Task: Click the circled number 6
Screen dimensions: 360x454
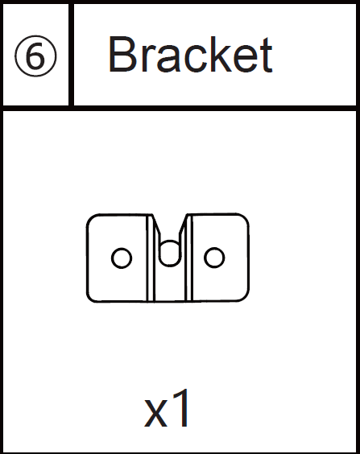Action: point(35,56)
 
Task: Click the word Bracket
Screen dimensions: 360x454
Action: point(190,54)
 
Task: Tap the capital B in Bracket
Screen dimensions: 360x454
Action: point(122,54)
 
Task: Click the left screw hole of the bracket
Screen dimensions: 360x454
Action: point(122,258)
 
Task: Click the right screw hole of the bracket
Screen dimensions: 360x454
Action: point(214,257)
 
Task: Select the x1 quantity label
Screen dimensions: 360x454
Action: point(166,409)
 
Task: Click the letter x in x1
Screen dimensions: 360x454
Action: point(155,414)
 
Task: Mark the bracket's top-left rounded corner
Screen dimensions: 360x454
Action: point(90,218)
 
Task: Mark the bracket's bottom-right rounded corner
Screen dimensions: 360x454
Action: point(245,298)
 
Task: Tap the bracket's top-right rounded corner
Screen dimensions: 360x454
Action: point(245,217)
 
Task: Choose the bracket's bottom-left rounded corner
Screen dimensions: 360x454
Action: point(90,298)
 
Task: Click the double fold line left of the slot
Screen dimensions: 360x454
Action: point(150,258)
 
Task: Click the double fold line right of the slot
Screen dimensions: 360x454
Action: point(188,258)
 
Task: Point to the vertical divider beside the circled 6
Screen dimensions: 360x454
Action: point(71,55)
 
